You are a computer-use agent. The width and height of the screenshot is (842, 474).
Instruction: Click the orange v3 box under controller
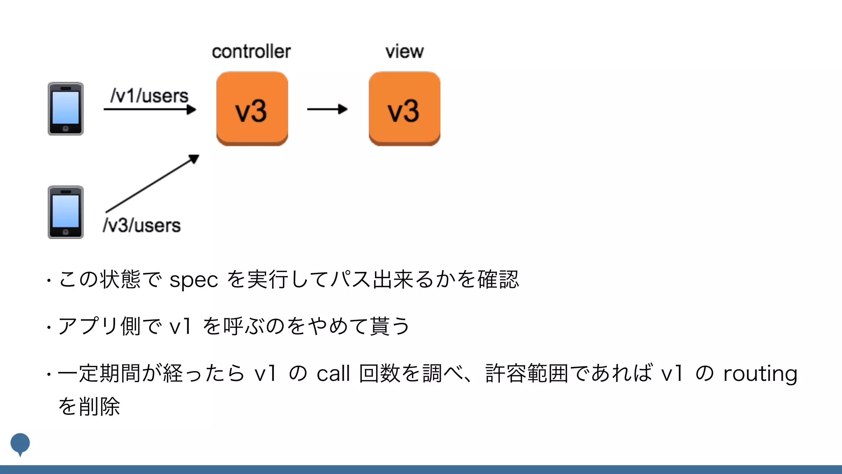[x=252, y=109]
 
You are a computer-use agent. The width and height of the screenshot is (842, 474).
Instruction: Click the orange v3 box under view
[x=405, y=109]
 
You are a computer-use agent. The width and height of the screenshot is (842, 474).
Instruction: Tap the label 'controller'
[x=251, y=52]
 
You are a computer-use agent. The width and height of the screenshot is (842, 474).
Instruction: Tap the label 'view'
[x=405, y=52]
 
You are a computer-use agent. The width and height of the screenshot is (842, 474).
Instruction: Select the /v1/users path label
[x=149, y=96]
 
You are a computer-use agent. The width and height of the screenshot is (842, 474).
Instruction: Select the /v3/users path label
[x=142, y=225]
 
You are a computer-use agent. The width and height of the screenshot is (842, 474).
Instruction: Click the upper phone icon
[x=66, y=109]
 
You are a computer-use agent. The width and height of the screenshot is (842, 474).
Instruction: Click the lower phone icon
[x=66, y=212]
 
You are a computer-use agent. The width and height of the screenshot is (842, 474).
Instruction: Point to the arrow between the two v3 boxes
[x=327, y=109]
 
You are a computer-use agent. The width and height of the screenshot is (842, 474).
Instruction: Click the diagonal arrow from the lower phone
[x=152, y=184]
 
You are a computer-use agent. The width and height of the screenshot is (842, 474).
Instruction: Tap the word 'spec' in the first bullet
[x=194, y=280]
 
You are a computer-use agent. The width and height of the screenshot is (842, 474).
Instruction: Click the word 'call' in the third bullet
[x=333, y=374]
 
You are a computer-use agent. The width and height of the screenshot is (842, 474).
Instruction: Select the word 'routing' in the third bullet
[x=760, y=374]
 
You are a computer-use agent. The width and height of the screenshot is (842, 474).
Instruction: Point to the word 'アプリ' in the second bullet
[x=88, y=326]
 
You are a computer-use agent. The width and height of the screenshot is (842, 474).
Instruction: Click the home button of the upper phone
[x=66, y=129]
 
